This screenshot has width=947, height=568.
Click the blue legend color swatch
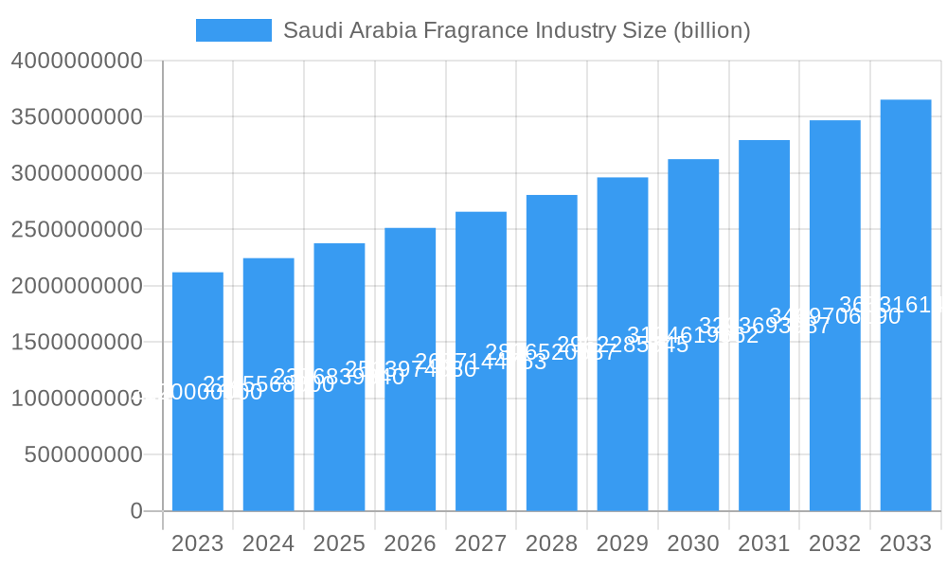tap(233, 30)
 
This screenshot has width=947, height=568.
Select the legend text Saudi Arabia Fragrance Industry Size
tap(517, 30)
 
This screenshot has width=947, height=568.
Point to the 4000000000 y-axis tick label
tap(77, 61)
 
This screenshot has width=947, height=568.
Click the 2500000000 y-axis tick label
tap(77, 230)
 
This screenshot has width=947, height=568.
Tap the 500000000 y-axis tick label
tap(83, 455)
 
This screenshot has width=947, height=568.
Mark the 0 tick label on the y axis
tap(136, 511)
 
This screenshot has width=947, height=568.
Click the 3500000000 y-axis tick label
tap(77, 117)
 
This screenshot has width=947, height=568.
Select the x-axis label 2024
tap(268, 543)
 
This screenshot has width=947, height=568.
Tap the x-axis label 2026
tap(410, 543)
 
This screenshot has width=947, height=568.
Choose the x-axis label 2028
tap(551, 543)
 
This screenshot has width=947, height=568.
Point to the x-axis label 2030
tap(693, 543)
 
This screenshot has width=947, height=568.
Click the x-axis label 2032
tap(834, 543)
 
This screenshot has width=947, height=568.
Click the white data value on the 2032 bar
tap(834, 316)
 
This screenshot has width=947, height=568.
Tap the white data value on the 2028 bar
tap(551, 353)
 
